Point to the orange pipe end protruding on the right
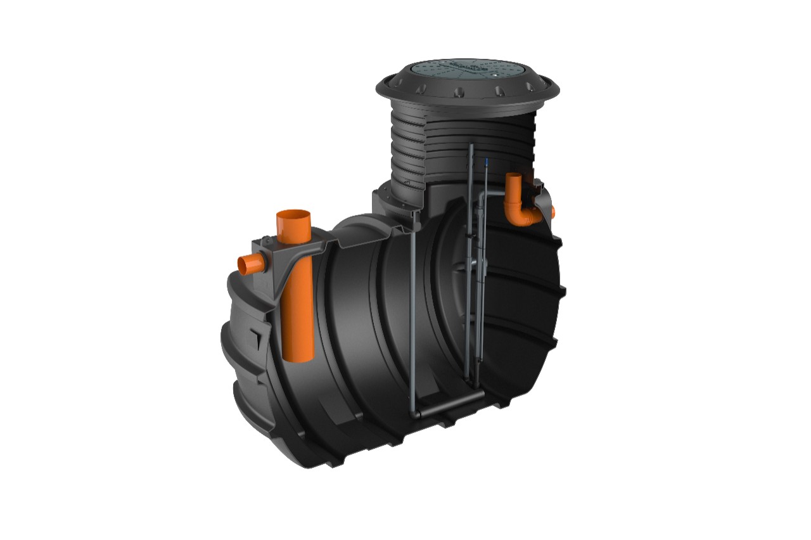(x=552, y=211)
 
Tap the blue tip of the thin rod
(x=485, y=163)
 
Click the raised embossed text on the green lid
(x=466, y=65)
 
